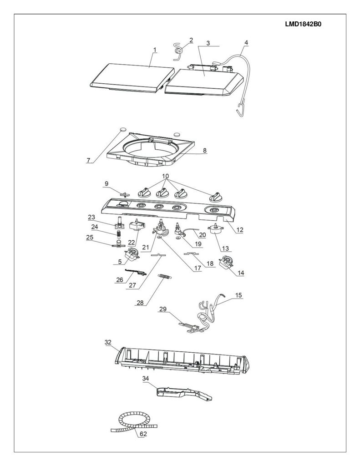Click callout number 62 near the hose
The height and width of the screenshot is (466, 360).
(143, 434)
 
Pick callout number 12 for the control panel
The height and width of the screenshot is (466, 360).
(240, 230)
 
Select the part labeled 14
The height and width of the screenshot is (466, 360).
(227, 262)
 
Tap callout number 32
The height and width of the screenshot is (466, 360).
(108, 342)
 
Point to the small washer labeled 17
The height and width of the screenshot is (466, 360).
(160, 237)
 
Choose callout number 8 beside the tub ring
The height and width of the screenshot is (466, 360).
(204, 150)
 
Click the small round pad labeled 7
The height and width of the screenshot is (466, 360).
(122, 129)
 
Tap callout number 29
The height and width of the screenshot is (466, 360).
(163, 309)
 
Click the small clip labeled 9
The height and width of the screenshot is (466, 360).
(126, 194)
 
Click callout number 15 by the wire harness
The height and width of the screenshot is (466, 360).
(238, 295)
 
